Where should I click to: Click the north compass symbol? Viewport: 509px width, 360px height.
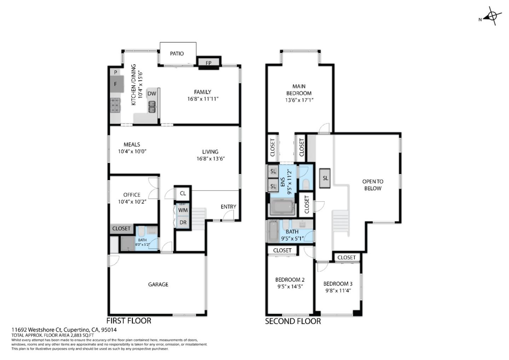coord(492,16)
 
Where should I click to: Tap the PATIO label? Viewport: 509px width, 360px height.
coord(177,54)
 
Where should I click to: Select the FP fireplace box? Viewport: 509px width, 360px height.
coord(209,63)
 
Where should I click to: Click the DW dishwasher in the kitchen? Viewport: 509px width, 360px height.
coord(152,94)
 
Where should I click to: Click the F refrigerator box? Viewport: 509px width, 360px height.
coord(116,84)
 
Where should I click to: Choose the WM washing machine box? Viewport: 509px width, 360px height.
coord(183,210)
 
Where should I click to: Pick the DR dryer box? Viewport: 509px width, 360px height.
coord(183,222)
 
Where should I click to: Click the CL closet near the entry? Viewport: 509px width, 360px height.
coord(183,193)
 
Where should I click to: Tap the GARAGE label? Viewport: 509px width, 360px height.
coord(158,284)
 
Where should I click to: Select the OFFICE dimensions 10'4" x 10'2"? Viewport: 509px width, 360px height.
coord(132,202)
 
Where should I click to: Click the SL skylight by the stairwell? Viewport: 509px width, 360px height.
coord(325,178)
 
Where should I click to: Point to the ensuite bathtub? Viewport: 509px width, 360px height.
coord(282,207)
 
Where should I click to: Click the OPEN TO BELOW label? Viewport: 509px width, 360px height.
coord(373,185)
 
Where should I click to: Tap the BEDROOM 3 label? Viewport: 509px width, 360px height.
coord(338,284)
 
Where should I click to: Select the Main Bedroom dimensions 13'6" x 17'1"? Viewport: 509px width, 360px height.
coord(299,100)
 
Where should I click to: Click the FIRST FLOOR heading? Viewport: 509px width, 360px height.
coord(129,321)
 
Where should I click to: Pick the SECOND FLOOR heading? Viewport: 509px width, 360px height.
coord(293,321)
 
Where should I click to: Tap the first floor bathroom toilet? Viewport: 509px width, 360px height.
coord(141,232)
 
